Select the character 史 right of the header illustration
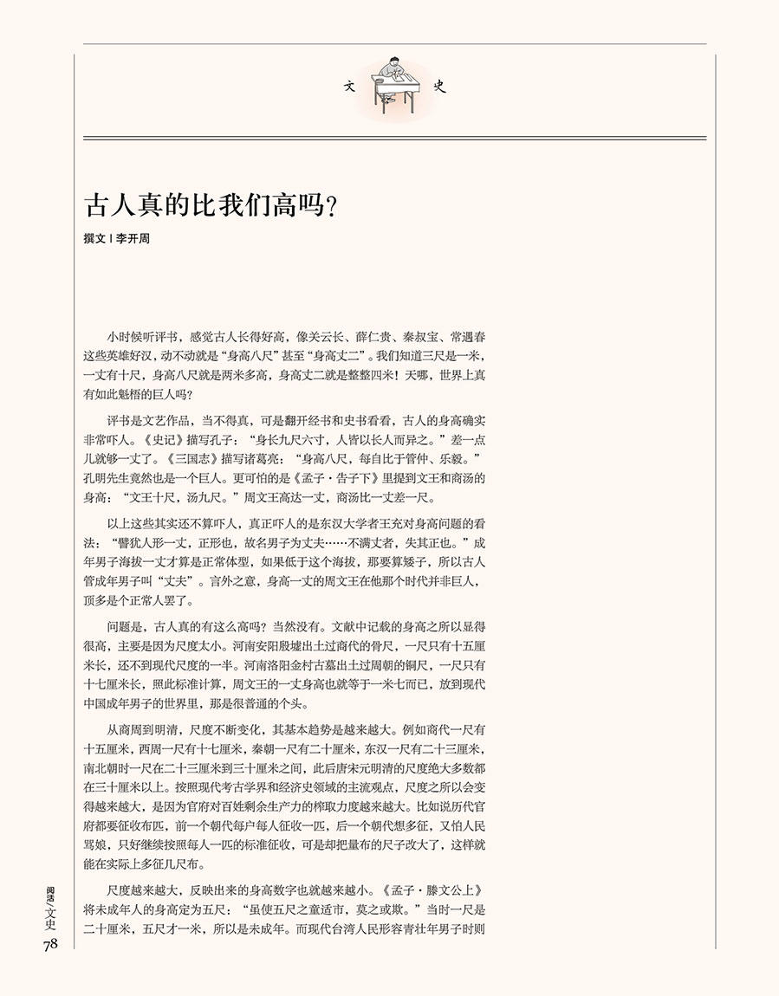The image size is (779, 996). point(439,87)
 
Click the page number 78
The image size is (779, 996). point(49,944)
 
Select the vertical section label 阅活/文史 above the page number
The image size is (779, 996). point(49,905)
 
